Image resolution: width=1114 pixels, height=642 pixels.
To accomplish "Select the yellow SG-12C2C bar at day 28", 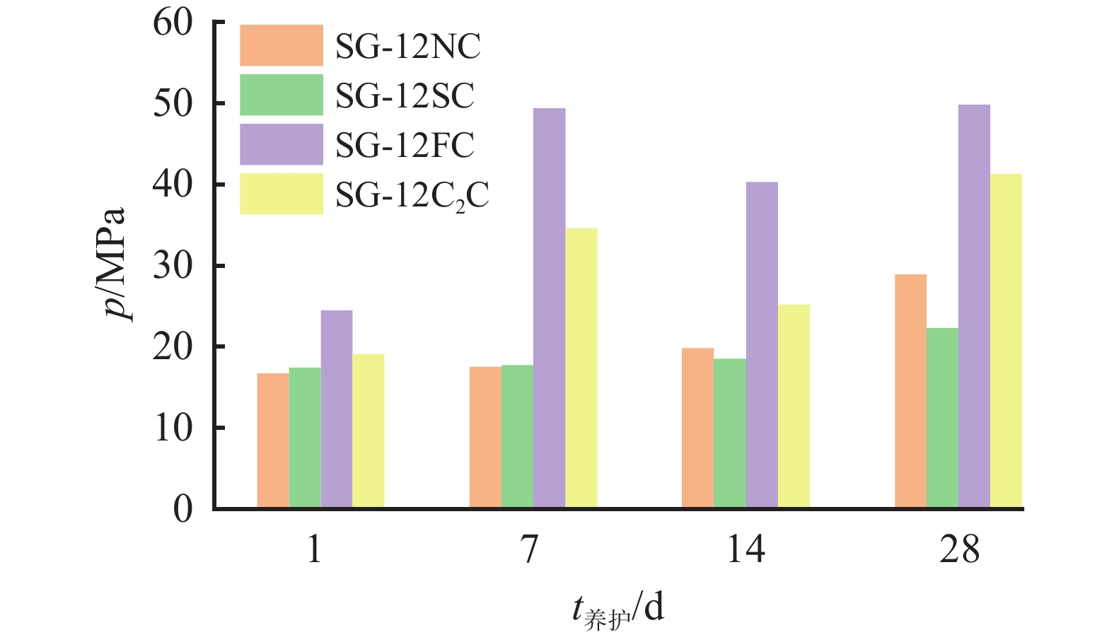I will tap(1006, 341).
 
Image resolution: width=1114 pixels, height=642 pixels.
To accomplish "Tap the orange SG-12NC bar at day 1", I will tap(273, 440).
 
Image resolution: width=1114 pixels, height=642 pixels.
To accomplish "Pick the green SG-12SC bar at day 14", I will tap(729, 433).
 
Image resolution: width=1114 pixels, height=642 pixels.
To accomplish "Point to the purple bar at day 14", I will tap(762, 345).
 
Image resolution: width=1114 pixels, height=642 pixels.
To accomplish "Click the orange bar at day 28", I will tap(910, 391).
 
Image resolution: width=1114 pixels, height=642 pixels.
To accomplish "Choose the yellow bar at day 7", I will tap(581, 368).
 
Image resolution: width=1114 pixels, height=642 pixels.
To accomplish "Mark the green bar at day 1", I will tap(305, 437).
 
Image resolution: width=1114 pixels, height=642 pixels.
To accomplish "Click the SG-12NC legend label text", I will tap(407, 47).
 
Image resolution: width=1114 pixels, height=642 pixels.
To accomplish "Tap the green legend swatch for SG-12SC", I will tap(282, 95).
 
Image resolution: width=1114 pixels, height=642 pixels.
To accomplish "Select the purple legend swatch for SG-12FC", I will tap(282, 144).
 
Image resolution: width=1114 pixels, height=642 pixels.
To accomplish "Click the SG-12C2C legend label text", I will tap(412, 195).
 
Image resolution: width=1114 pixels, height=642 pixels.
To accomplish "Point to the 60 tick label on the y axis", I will tap(173, 23).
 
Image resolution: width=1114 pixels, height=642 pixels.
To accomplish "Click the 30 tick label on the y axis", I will tap(173, 266).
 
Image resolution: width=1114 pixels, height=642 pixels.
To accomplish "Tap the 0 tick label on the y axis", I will tap(182, 509).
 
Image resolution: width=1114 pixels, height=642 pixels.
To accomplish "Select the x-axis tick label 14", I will tap(745, 549).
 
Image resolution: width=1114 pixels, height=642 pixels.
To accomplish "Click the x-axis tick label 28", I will tap(959, 549).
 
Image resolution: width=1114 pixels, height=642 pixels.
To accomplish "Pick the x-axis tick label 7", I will tap(529, 549).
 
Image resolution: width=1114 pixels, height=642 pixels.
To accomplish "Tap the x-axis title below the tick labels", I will tap(618, 608).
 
